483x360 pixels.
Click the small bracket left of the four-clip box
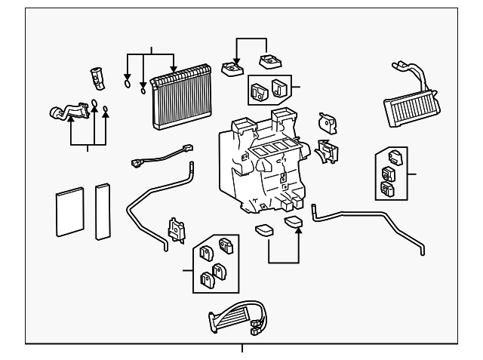(x=177, y=229)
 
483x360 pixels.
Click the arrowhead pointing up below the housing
(x=299, y=229)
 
